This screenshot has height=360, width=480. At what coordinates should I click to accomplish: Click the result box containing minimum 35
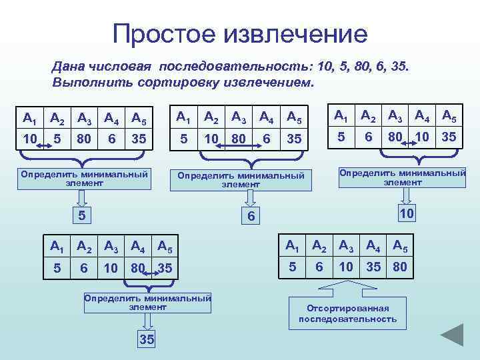[147, 339]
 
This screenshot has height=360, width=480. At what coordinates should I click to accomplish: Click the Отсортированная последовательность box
[347, 313]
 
